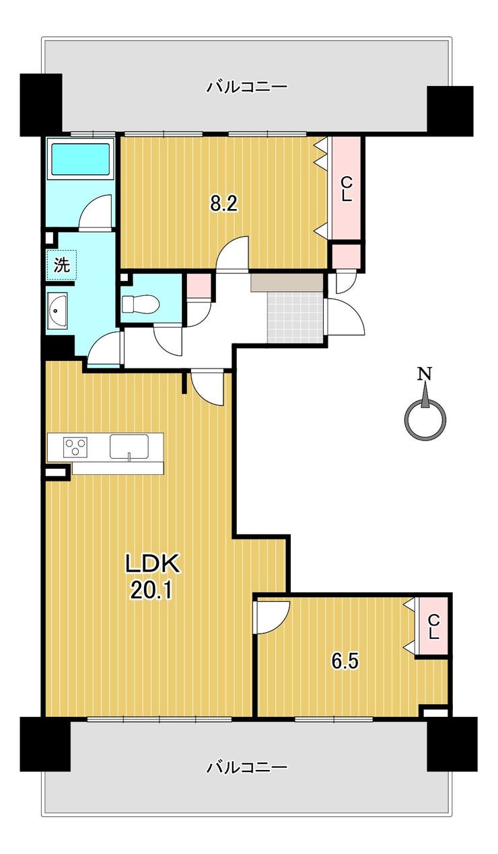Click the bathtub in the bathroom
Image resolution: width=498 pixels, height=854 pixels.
coord(81,160)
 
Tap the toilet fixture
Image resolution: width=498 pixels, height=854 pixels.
coord(141,304)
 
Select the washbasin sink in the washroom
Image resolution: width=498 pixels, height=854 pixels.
coord(57,311)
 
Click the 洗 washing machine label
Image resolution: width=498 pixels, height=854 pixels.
coord(62,265)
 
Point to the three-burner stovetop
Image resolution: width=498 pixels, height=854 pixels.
coord(75,446)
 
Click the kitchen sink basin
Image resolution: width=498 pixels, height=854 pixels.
coord(129,446)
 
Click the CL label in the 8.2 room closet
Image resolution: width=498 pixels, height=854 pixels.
coord(346,190)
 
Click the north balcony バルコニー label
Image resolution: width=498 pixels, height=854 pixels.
coord(246,87)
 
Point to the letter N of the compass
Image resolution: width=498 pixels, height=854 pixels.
coord(425,374)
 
